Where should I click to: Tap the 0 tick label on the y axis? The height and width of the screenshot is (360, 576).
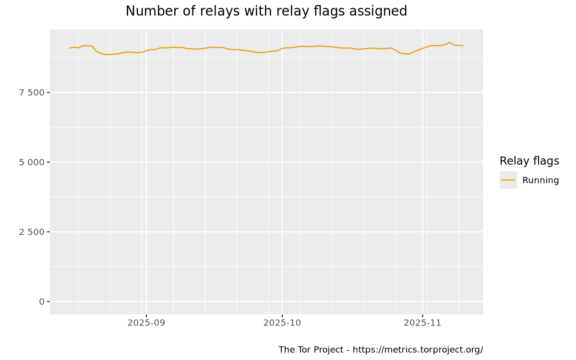42,301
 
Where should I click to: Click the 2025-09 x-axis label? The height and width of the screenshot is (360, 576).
146,323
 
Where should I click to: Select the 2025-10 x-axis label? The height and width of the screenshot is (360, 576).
282,323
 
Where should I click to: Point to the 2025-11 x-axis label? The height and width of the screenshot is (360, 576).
422,323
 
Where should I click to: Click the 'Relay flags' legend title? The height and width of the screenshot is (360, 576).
529,161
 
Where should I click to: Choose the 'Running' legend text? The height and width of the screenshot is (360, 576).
540,180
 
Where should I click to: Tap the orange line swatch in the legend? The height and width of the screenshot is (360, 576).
508,180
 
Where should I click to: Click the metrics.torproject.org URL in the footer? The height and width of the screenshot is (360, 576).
418,349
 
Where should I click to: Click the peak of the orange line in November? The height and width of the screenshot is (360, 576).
450,42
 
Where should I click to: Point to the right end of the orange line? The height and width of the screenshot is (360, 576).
463,46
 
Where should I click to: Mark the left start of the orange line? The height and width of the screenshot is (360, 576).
70,48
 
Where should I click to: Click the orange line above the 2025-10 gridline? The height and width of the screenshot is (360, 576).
282,48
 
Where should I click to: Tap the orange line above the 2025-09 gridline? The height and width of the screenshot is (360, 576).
146,50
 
